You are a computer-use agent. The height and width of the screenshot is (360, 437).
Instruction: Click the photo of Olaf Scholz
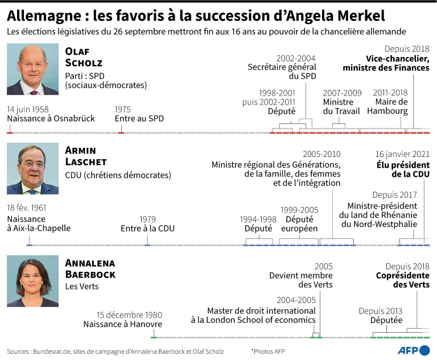pyautogui.click(x=32, y=69)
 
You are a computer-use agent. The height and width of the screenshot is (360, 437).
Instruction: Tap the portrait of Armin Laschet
pyautogui.click(x=32, y=169)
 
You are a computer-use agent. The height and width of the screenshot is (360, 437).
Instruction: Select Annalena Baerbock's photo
pyautogui.click(x=32, y=281)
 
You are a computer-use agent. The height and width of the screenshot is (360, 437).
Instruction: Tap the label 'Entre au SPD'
pyautogui.click(x=139, y=118)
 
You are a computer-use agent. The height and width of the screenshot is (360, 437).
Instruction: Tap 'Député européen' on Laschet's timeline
pyautogui.click(x=299, y=224)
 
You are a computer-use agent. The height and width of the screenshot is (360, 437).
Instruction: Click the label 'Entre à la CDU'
pyautogui.click(x=147, y=229)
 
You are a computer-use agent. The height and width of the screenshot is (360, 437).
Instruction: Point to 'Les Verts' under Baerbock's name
pyautogui.click(x=82, y=287)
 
